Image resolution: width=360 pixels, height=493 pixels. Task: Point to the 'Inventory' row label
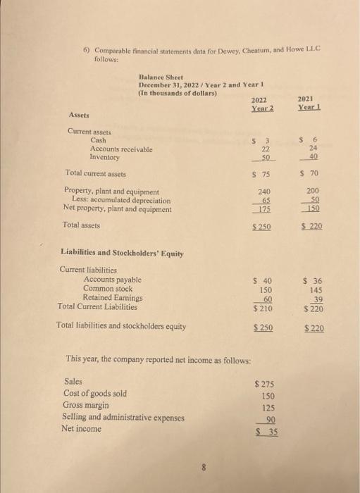click(106, 157)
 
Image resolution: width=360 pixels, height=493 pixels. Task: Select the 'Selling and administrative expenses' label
click(124, 418)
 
